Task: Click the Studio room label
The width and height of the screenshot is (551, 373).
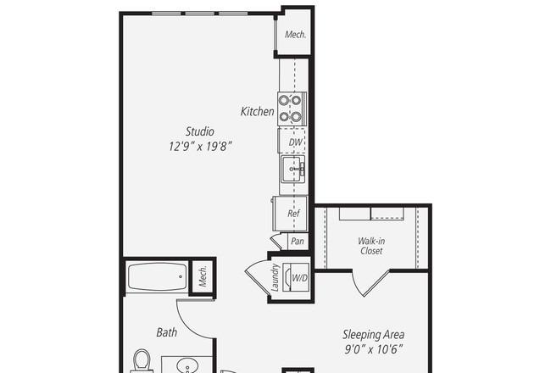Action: (x=199, y=131)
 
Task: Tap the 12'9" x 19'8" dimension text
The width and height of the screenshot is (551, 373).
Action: (x=200, y=146)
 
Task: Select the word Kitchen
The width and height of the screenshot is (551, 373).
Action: (x=257, y=111)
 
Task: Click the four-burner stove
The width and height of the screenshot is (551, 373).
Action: (x=292, y=109)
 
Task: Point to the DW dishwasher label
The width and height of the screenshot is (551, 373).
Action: (x=295, y=142)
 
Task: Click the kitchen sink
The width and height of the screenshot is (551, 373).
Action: (x=292, y=169)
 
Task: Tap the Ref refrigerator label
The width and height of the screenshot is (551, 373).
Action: (x=293, y=214)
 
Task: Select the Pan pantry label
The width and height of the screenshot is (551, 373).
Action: (x=298, y=241)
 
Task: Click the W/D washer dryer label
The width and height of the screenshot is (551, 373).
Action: (x=300, y=278)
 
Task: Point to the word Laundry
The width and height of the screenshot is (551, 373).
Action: (x=275, y=278)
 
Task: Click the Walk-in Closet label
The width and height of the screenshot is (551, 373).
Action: (x=371, y=246)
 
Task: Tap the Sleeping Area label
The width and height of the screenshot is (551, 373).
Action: (x=374, y=334)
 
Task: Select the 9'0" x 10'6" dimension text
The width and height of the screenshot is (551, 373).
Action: (x=374, y=349)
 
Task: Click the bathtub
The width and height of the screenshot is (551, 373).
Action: (x=157, y=276)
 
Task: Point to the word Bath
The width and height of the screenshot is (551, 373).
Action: (x=166, y=332)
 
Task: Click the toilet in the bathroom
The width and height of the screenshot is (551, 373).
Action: (x=142, y=361)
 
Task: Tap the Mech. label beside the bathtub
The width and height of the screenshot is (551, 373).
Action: (x=203, y=276)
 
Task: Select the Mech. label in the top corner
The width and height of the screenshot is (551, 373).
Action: (x=295, y=35)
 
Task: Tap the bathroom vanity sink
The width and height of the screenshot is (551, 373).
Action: (x=187, y=365)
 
